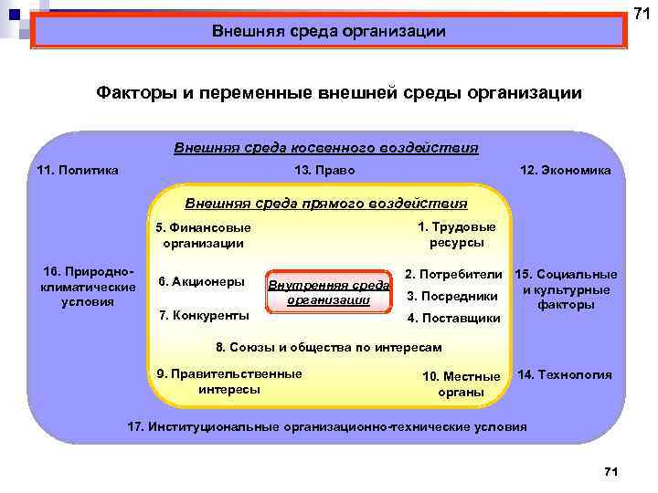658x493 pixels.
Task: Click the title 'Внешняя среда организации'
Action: coord(329,32)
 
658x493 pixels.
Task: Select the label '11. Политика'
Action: coord(78,171)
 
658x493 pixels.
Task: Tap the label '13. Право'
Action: coord(325,171)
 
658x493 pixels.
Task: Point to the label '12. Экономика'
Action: coord(565,171)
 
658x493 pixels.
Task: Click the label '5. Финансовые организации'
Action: coord(203,236)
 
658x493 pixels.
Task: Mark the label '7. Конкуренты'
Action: coord(204,315)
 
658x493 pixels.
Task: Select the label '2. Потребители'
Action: coord(454,274)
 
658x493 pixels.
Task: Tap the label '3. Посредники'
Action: coord(451,296)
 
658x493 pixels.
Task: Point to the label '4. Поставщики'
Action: coord(453,318)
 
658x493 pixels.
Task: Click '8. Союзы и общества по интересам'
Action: coord(328,347)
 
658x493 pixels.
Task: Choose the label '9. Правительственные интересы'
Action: coord(229,382)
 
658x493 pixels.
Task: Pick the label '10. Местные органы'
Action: coord(462,384)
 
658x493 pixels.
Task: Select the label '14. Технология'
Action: coord(565,374)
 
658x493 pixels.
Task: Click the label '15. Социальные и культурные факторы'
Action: coord(567,289)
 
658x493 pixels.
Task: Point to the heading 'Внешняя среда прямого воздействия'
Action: coord(325,204)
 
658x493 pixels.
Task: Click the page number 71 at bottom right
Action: coord(611,470)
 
